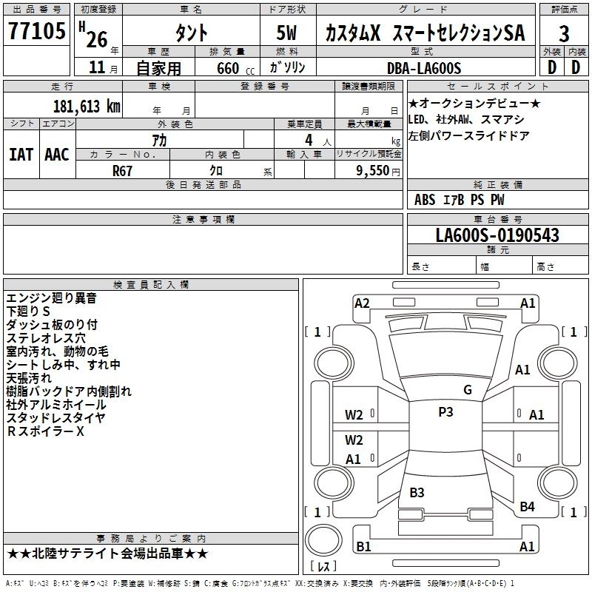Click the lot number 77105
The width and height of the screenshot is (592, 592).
[x=36, y=31]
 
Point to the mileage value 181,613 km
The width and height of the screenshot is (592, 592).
[x=87, y=106]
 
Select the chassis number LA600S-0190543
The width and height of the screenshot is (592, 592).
[x=497, y=235]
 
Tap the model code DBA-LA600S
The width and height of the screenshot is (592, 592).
[x=424, y=68]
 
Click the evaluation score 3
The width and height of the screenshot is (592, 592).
[x=565, y=33]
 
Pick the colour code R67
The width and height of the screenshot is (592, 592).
[x=122, y=170]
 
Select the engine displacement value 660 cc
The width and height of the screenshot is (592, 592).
[x=228, y=69]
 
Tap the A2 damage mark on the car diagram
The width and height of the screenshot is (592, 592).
[x=362, y=303]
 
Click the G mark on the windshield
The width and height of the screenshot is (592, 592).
[x=467, y=390]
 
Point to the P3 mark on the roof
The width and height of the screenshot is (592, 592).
[x=445, y=412]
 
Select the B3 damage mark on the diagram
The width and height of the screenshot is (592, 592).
[x=417, y=493]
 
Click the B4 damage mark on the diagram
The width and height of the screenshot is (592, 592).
[x=527, y=506]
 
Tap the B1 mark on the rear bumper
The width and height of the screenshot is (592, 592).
[x=363, y=547]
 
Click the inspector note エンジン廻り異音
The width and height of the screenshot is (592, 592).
[x=51, y=298]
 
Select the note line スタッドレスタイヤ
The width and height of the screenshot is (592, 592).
[x=56, y=418]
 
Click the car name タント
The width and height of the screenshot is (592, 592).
[x=191, y=33]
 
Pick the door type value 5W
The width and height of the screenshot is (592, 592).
[x=287, y=33]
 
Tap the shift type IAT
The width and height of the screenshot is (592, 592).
[x=21, y=154]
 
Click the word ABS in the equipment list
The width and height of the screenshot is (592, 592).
[x=425, y=200]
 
